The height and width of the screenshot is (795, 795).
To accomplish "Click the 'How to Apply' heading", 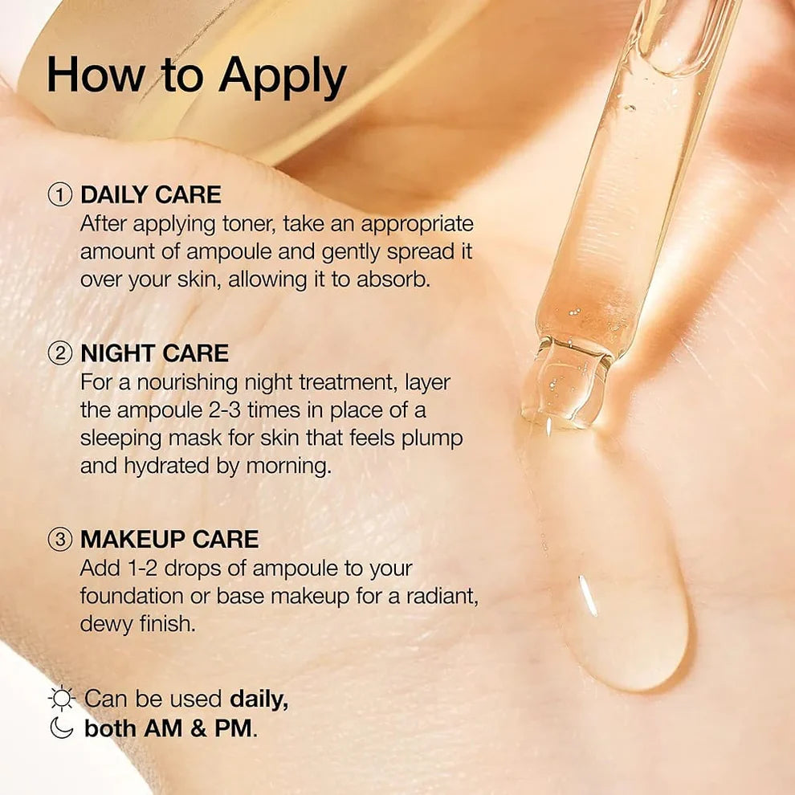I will [197, 76].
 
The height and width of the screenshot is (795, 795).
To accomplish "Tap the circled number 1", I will [60, 195].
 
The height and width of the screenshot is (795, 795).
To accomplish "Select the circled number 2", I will [60, 353].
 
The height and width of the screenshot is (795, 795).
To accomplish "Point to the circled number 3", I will [60, 539].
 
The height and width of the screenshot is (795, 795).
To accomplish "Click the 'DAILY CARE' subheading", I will [150, 195].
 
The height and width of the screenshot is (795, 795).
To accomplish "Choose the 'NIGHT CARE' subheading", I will [154, 353].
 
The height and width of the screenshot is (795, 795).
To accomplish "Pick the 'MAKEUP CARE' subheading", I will [169, 539].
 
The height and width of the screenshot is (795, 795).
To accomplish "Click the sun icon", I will [61, 699].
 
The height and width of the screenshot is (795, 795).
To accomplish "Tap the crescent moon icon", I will [60, 728].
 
